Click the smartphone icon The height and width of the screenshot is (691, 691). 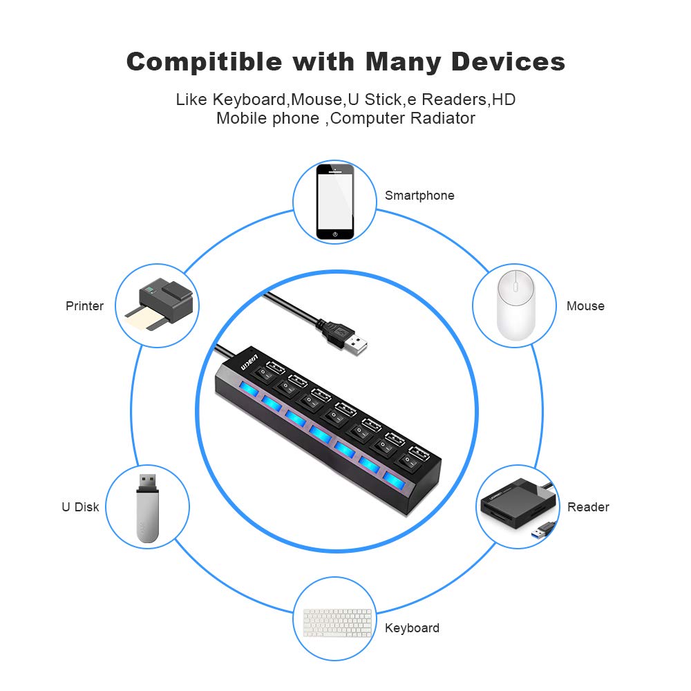335,201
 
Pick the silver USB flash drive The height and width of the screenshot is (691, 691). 146,507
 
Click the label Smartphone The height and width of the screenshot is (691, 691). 419,196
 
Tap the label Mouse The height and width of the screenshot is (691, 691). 585,306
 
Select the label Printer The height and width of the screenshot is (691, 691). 84,306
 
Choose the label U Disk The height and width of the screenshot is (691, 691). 80,507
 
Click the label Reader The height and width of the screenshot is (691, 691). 588,507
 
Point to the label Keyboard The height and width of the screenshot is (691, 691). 412,628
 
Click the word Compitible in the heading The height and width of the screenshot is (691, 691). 204,62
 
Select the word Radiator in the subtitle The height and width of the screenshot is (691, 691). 442,118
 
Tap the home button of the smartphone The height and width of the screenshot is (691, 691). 335,234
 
